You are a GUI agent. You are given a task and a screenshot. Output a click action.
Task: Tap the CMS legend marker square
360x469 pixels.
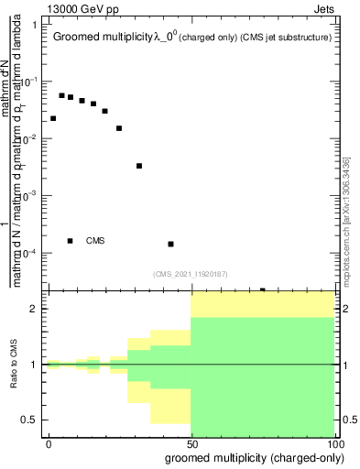71,241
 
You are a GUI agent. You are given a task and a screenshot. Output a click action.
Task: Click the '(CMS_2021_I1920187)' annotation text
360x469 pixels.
191,273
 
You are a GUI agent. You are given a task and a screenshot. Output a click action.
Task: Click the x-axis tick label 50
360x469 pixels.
191,442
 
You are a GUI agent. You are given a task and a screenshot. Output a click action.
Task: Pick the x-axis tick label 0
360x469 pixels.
49,442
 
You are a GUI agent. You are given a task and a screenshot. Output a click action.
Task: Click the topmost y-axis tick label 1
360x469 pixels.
34,25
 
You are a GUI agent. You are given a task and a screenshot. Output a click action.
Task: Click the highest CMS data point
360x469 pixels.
61,95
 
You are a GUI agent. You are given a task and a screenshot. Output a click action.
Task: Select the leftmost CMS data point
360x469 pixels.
53,118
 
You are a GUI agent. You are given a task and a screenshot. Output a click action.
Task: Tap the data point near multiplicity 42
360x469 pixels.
171,244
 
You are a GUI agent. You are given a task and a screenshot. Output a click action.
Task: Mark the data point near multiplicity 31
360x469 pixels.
139,166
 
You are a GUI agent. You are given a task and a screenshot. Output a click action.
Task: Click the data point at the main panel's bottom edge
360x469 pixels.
263,290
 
